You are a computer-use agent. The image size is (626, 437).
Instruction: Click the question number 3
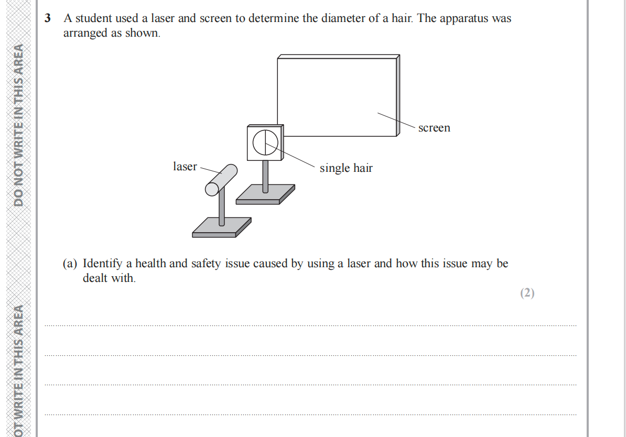click(48, 18)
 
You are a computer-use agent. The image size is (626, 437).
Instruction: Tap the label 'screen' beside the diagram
click(434, 128)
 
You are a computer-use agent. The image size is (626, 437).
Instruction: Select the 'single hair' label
click(346, 168)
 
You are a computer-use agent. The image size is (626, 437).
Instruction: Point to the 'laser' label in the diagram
click(185, 167)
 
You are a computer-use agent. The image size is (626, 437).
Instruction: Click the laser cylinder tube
click(221, 180)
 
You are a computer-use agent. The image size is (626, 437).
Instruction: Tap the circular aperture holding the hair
click(265, 143)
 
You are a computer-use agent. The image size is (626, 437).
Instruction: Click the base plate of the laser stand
click(222, 227)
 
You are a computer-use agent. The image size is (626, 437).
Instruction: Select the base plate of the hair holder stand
click(265, 194)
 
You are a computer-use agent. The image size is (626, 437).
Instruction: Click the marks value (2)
click(527, 293)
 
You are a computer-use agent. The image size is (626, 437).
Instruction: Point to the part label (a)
click(70, 264)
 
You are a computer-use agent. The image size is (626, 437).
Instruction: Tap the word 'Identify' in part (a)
click(102, 264)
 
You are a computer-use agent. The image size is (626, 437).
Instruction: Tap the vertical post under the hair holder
click(265, 177)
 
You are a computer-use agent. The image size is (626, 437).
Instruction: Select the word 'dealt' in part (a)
click(95, 278)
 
